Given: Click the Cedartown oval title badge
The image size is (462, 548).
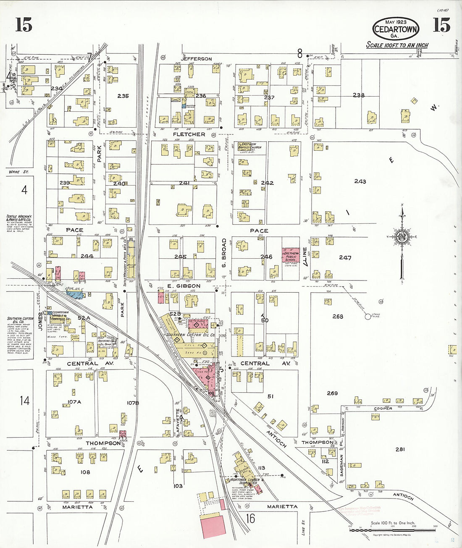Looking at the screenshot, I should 396,29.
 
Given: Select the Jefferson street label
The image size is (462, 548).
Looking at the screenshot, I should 197,59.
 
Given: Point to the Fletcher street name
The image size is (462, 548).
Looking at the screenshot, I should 189,134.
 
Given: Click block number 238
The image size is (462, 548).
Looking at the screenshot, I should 359,95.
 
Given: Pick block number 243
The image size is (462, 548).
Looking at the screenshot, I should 360,181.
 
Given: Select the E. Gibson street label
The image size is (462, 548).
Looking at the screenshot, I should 184,286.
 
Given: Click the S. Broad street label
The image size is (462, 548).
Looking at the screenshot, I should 224,253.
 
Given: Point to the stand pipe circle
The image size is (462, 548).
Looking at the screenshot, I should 368,317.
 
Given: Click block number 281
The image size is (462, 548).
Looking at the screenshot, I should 400,449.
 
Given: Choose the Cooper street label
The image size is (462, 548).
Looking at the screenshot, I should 383,408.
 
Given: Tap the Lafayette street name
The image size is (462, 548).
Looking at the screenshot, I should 178,422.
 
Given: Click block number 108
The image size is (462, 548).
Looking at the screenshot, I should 85,472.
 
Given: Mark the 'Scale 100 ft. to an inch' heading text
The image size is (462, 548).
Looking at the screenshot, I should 397,45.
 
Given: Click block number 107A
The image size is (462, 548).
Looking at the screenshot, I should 74,402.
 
